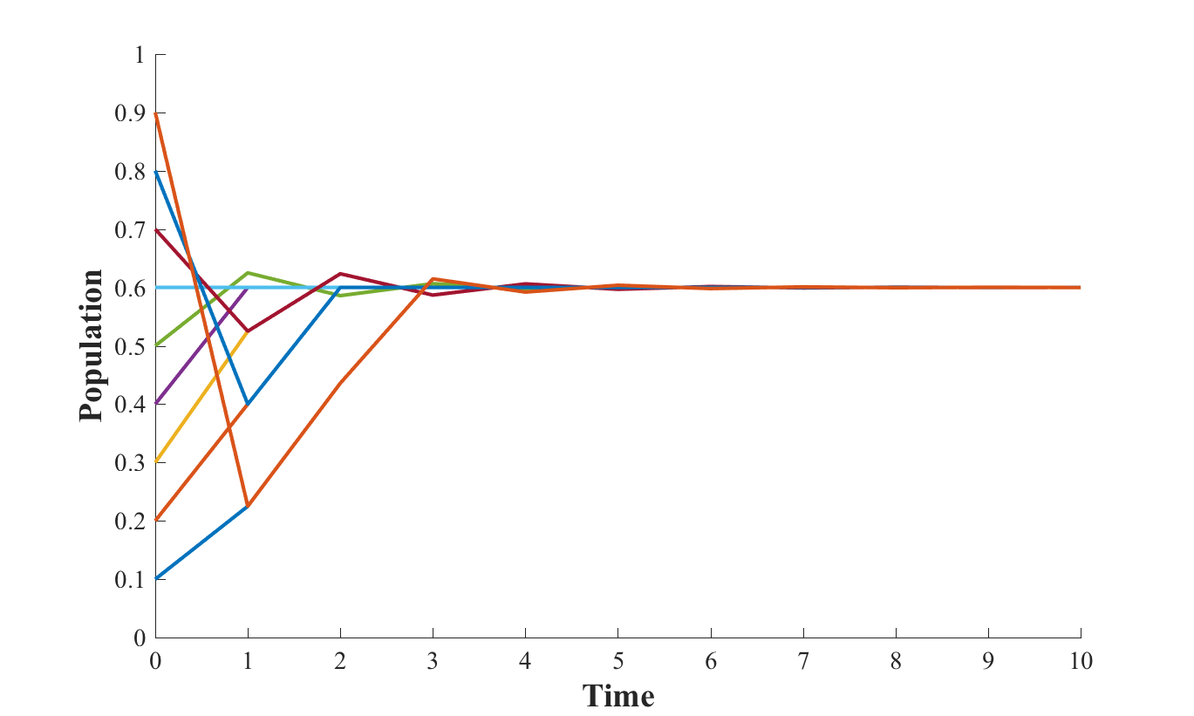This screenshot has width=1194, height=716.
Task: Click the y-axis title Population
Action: [x=91, y=346]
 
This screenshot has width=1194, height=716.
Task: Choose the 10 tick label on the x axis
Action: [x=1080, y=661]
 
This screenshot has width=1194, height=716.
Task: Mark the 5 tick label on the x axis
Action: [x=617, y=661]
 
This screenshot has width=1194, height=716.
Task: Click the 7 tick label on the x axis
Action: [x=802, y=661]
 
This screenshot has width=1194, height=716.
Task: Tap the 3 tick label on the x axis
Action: [x=433, y=661]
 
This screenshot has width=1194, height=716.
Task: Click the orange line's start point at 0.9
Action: [x=157, y=113]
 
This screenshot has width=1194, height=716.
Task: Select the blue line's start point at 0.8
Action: [x=157, y=172]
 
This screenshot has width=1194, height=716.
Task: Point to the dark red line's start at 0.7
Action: [x=157, y=230]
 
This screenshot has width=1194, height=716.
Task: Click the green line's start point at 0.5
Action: [x=157, y=346]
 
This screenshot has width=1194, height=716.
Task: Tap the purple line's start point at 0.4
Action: [x=157, y=404]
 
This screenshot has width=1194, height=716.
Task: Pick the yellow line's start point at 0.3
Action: [x=157, y=462]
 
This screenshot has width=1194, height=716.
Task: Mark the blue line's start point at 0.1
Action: [x=157, y=578]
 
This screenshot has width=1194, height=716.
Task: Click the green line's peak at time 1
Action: [x=249, y=273]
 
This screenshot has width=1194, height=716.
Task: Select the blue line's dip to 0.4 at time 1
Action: [x=249, y=404]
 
